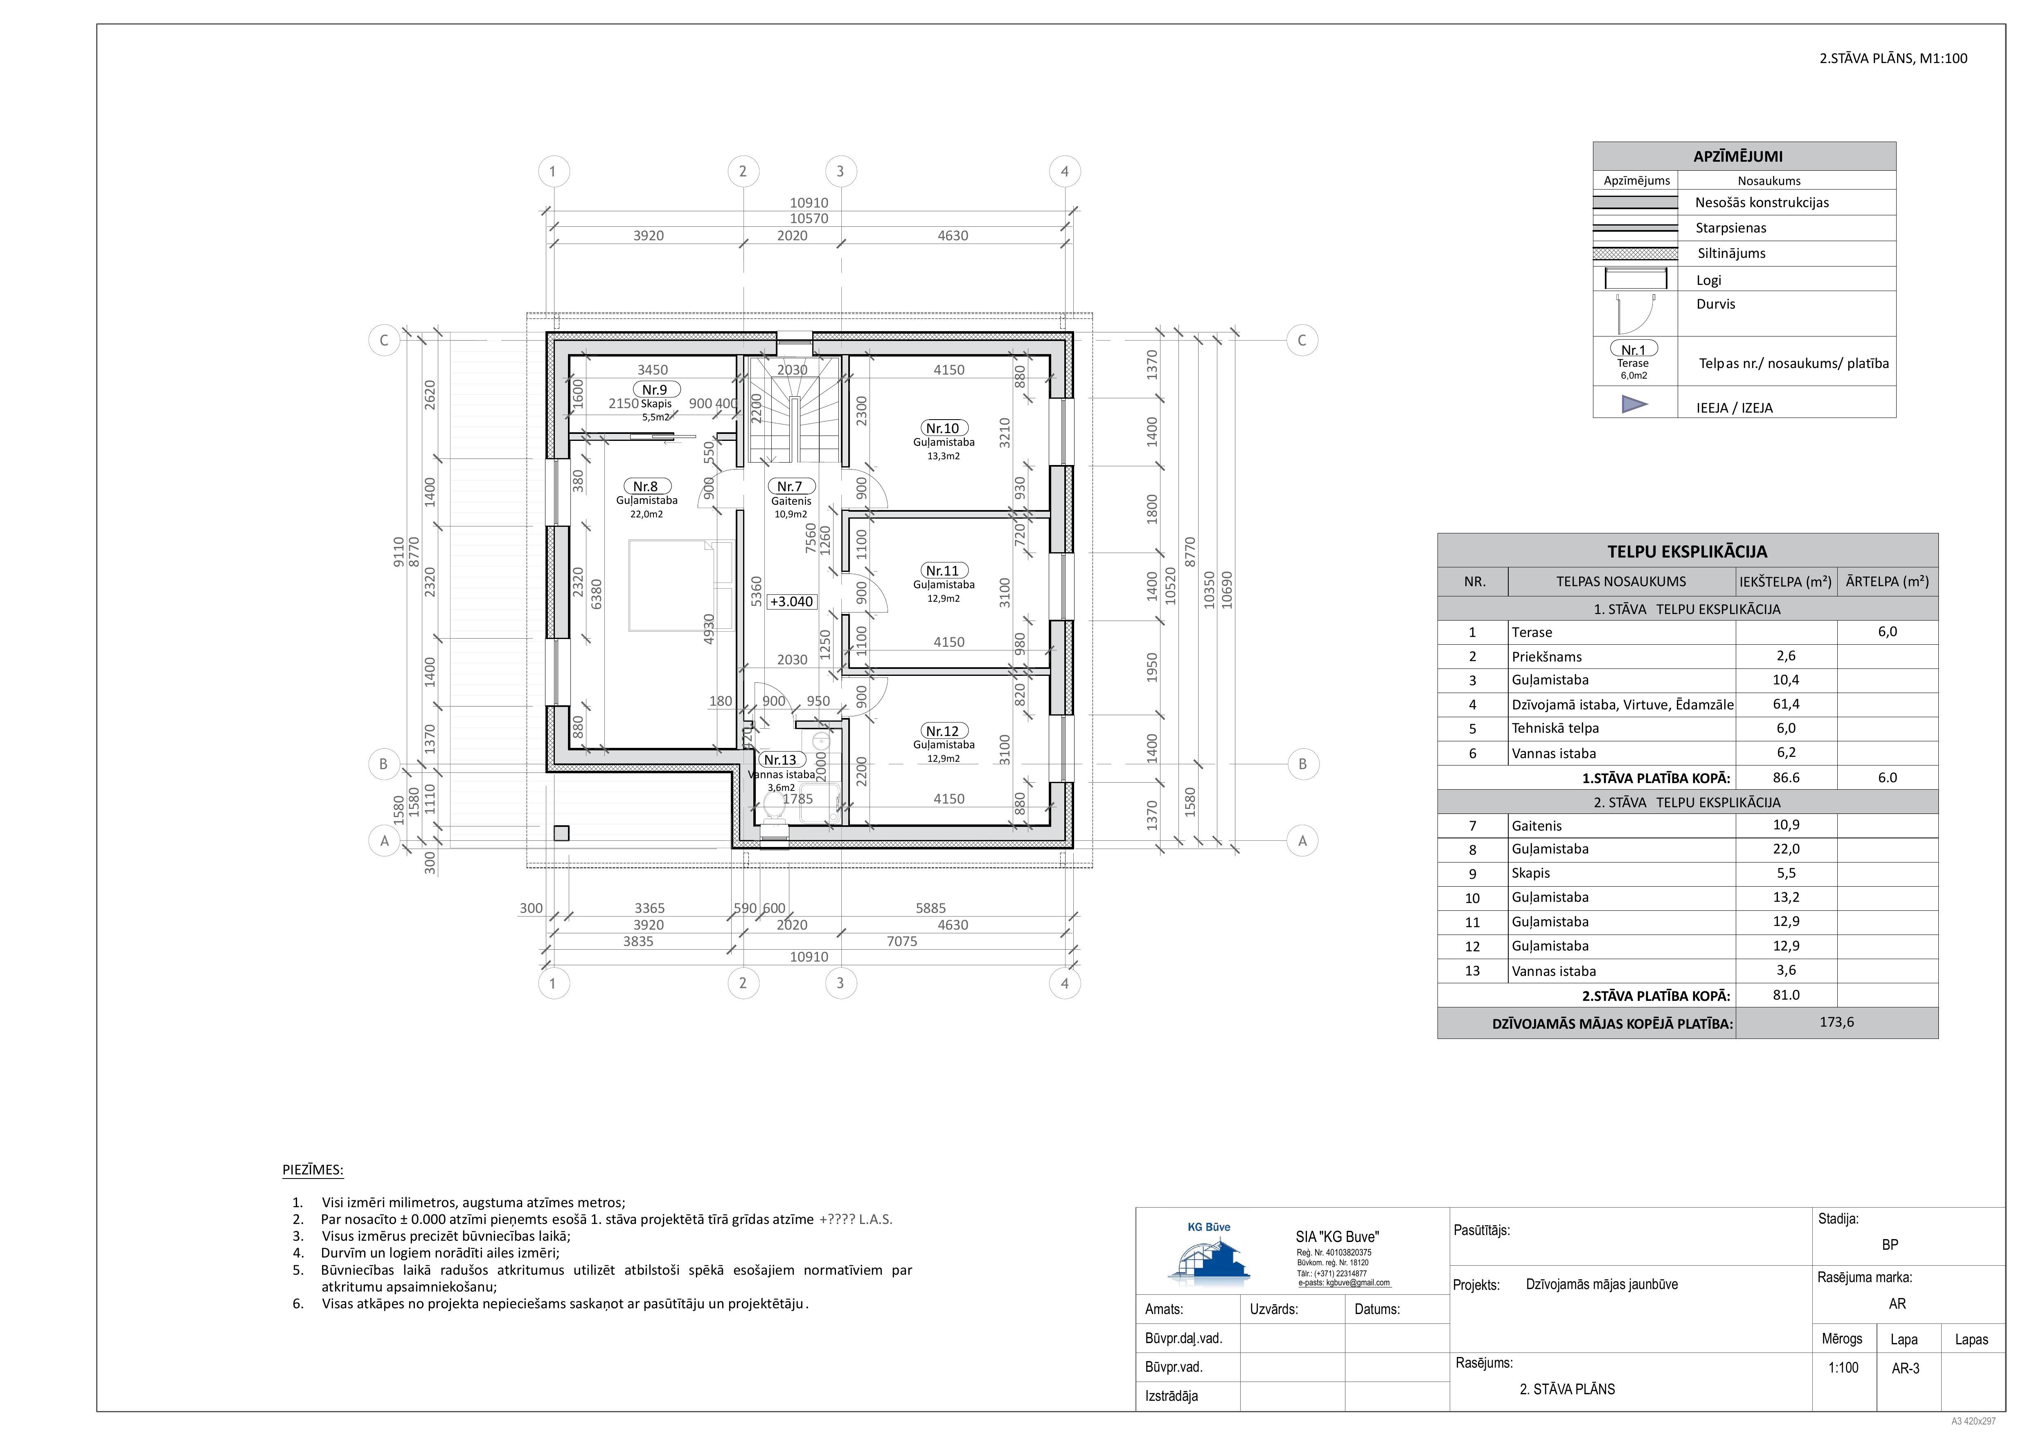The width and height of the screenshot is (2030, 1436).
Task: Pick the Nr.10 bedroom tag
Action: (x=942, y=428)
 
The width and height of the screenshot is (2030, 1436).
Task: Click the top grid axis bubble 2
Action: (x=743, y=172)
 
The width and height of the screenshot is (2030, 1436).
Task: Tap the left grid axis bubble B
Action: (x=384, y=764)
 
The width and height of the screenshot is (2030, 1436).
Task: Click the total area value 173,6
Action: (x=1836, y=1022)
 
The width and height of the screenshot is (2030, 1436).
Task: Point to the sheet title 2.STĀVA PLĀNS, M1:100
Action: (x=1893, y=59)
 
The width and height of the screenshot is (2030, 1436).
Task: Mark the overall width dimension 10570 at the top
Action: (x=809, y=219)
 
